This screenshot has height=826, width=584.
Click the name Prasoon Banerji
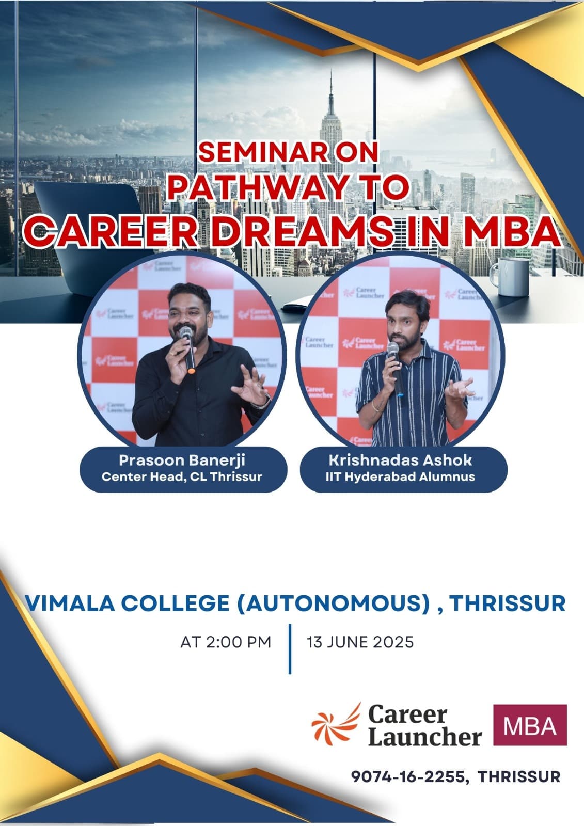(x=182, y=460)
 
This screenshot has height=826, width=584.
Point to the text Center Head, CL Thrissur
(x=182, y=477)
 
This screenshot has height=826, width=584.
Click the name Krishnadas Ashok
(x=400, y=460)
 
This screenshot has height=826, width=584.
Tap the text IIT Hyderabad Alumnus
(x=400, y=477)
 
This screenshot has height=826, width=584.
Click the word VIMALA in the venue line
(x=70, y=603)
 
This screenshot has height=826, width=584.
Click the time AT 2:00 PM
(x=226, y=642)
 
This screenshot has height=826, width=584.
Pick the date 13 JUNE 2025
(x=360, y=642)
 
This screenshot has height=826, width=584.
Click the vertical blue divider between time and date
(x=290, y=649)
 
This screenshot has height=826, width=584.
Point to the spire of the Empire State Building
(x=331, y=92)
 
